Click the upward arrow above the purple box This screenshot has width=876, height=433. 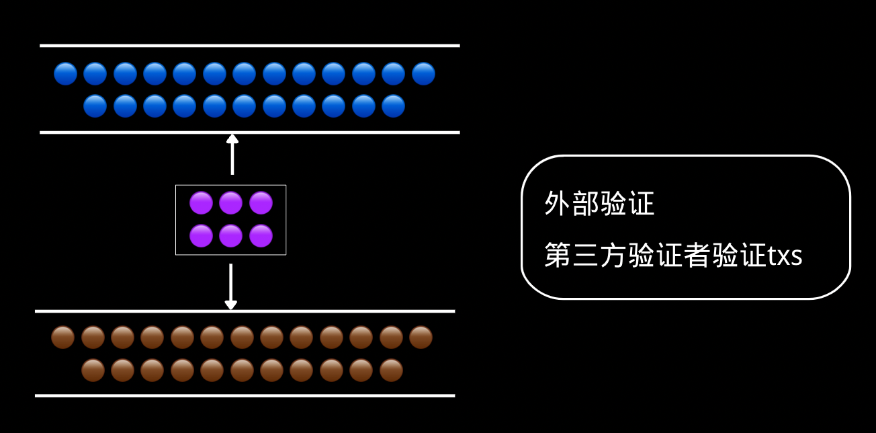[x=232, y=154]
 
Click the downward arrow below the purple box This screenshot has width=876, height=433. [x=231, y=286]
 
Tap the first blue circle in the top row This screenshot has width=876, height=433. [x=66, y=73]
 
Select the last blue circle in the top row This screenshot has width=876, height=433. [x=423, y=73]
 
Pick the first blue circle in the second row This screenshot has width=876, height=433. [x=95, y=106]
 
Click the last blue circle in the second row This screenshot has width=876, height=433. [x=393, y=106]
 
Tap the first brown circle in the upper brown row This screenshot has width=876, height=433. [x=63, y=338]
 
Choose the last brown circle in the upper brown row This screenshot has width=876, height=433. [x=421, y=338]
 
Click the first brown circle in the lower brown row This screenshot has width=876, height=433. [x=93, y=370]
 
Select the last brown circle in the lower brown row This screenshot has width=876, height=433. [x=391, y=370]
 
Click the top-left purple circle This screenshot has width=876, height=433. [x=201, y=203]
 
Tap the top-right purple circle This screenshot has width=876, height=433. [x=261, y=203]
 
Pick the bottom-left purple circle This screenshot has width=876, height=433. [x=201, y=236]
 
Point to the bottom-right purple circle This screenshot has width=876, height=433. [x=261, y=236]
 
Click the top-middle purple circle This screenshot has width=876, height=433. [x=230, y=203]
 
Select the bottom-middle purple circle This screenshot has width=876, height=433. [x=230, y=236]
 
